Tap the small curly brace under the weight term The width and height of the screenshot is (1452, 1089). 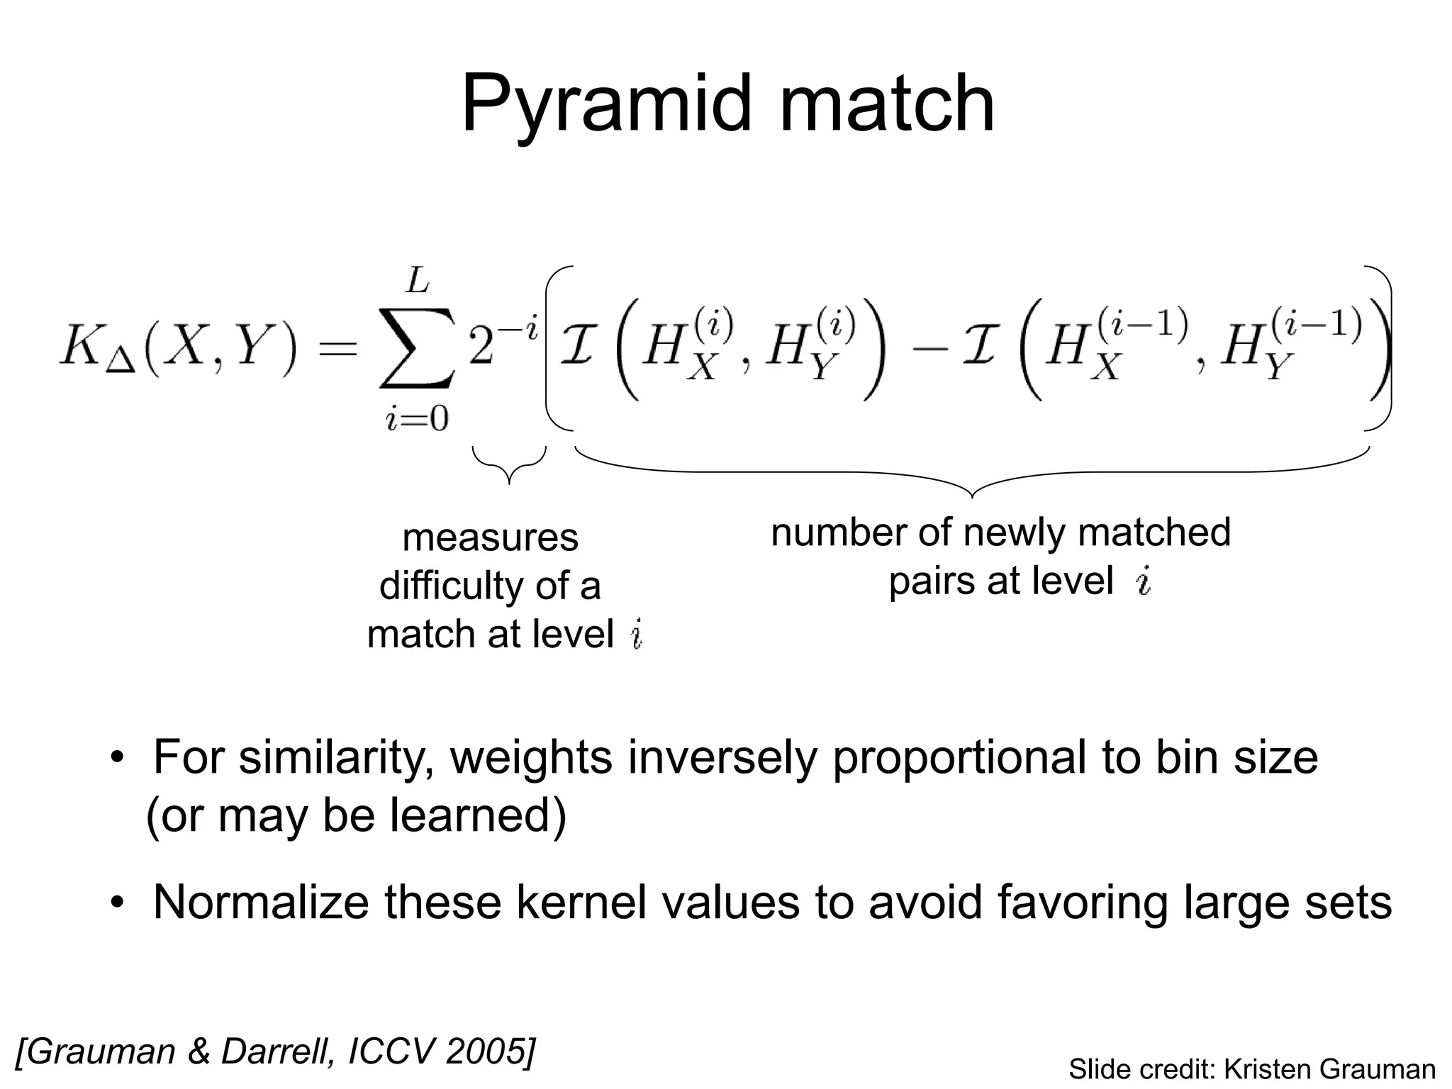(509, 465)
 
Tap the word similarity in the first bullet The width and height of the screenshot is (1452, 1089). (336, 757)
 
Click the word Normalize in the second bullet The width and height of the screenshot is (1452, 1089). (261, 903)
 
